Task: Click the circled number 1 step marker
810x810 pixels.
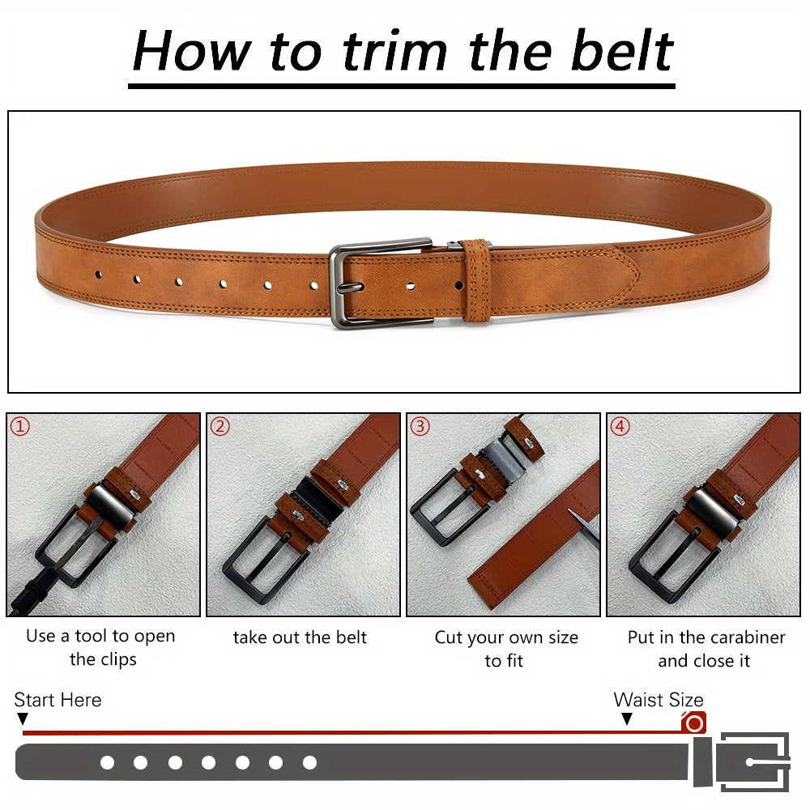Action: coord(20,427)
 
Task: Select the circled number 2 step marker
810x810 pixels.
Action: coord(220,427)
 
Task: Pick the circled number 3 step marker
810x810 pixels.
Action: coord(420,427)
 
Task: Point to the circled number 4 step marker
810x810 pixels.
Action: coord(620,427)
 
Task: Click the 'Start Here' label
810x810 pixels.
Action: coord(58,700)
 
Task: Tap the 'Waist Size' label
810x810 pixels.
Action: coord(659,700)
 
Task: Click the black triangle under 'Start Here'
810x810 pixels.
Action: coord(22,718)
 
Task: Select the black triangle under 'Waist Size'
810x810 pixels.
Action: coord(627,718)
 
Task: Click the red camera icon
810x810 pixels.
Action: coord(694,723)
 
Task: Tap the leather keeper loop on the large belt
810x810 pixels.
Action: coord(476,280)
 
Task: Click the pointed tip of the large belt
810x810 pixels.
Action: coord(640,274)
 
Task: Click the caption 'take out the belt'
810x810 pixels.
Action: coord(300,637)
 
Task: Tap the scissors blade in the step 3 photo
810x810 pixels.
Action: coord(583,522)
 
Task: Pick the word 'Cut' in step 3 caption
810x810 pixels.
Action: coord(449,637)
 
